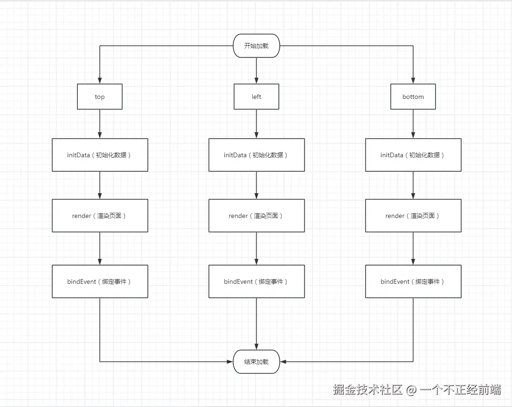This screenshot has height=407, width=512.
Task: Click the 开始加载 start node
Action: click(256, 46)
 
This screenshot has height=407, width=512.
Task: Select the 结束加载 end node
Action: click(256, 362)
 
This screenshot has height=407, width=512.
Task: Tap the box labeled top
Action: click(100, 97)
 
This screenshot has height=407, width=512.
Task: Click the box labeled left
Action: click(256, 97)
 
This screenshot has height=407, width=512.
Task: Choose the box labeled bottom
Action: click(413, 97)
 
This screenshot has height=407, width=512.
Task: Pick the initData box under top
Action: click(100, 155)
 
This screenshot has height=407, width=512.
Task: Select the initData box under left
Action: click(256, 155)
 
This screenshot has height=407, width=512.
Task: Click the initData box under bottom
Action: click(413, 155)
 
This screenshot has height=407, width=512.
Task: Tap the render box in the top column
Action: click(100, 216)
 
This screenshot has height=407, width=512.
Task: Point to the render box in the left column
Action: click(256, 216)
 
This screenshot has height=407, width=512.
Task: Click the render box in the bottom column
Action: click(413, 216)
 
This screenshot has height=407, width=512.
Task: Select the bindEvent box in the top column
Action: click(100, 281)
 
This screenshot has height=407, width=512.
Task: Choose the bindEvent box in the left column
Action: click(256, 281)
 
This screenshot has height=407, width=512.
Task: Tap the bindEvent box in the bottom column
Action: click(413, 281)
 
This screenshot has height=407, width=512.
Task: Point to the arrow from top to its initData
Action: click(100, 124)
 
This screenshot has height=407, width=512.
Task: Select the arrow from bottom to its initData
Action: click(413, 124)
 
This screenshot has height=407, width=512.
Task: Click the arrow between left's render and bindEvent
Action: click(256, 248)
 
